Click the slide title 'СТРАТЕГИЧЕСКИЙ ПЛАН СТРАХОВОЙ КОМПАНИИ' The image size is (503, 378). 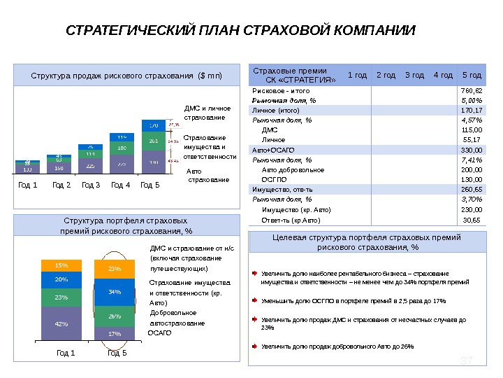click(240, 31)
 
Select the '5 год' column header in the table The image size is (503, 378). click(472, 75)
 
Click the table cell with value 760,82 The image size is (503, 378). click(472, 90)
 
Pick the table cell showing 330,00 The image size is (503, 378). click(472, 150)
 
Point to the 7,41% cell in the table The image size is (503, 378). click(472, 160)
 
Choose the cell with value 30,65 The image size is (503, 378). click(472, 220)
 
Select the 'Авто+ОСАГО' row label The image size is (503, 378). click(270, 150)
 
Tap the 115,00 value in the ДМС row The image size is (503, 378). click(472, 130)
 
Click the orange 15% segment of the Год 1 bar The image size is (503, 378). click(61, 266)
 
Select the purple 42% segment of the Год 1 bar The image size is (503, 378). click(61, 324)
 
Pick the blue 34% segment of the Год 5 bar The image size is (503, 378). click(115, 291)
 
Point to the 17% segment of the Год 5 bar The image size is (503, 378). click(115, 333)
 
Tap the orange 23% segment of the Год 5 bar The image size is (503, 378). click(115, 268)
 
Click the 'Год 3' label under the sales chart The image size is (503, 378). click(91, 185)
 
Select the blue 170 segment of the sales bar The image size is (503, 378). click(154, 125)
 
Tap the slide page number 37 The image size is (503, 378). click(467, 360)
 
